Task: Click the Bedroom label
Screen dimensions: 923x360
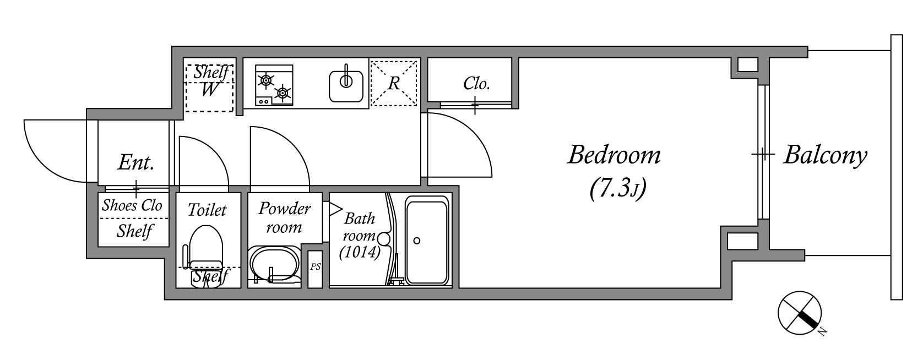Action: pos(614,156)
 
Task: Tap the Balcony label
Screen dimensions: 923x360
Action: pos(826,156)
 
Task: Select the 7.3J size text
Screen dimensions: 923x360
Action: pos(618,189)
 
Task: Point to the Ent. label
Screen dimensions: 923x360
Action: pos(135,162)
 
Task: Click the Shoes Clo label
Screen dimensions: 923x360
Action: pos(132,205)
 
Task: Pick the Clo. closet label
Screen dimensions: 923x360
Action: pos(476,84)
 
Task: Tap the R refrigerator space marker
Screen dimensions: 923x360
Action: pos(394,83)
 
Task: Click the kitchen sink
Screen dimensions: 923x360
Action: pos(346,86)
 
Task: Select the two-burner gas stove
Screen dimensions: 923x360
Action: pos(274,85)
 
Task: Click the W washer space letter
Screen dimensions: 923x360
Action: pos(209,89)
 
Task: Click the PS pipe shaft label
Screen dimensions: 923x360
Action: pos(315,267)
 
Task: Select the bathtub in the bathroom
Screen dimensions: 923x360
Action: pos(427,240)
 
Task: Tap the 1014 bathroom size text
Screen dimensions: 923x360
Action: pos(359,252)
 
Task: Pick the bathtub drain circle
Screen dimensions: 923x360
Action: pos(417,241)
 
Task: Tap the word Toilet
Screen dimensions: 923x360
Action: pos(207,210)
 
